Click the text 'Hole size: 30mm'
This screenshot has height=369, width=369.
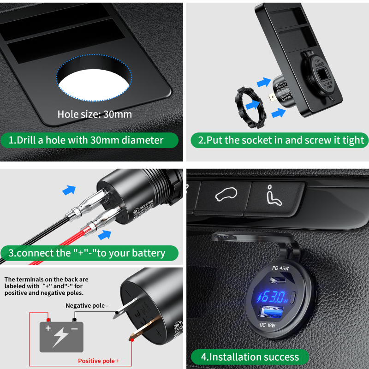click(x=95, y=114)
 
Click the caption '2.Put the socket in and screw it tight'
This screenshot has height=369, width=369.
click(x=280, y=140)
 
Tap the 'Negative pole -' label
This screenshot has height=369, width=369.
click(x=87, y=305)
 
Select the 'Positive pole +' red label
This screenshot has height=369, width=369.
click(x=99, y=361)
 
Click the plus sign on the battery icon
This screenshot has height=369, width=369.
click(x=48, y=328)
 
